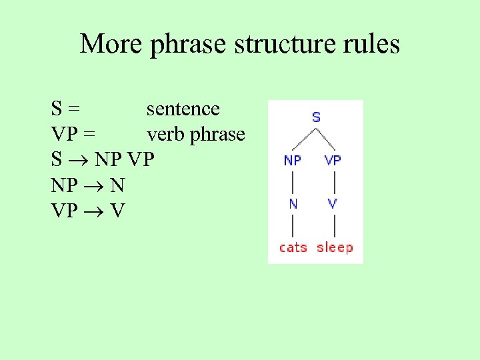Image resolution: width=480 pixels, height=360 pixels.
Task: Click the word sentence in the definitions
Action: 183,109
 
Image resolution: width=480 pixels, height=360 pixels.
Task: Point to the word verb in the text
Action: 166,135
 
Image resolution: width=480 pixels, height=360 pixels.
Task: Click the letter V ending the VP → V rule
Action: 117,211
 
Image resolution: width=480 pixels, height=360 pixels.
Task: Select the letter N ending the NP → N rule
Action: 117,186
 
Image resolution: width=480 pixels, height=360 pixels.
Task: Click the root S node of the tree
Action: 315,117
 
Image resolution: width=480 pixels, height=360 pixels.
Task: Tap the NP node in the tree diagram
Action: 293,160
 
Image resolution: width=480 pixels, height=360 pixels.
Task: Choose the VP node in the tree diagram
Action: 333,160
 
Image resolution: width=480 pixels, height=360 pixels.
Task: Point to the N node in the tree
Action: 293,204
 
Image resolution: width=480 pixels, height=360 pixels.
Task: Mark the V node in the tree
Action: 333,204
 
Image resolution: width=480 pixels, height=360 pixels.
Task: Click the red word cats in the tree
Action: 293,247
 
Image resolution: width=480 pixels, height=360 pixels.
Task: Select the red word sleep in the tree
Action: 335,247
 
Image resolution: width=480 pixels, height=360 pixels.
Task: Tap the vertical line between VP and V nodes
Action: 333,182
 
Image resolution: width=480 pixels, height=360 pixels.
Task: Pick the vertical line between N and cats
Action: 293,225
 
